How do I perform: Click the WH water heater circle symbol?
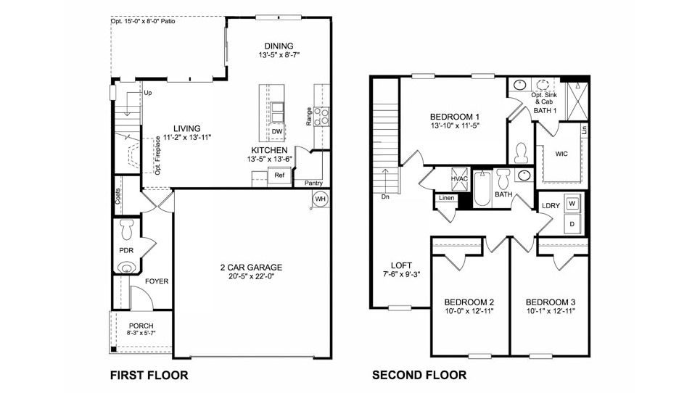[320, 199]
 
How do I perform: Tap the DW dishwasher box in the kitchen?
[277, 131]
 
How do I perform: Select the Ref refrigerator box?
[279, 175]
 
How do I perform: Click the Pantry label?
[313, 183]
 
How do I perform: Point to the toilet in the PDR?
[128, 228]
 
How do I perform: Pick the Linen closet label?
[446, 197]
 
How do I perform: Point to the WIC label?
[561, 154]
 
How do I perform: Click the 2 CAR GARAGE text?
[251, 268]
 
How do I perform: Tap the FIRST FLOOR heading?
[149, 375]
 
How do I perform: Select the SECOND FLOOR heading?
[419, 375]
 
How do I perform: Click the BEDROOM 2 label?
[469, 302]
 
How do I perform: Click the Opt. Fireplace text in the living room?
[157, 155]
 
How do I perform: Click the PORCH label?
[141, 326]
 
